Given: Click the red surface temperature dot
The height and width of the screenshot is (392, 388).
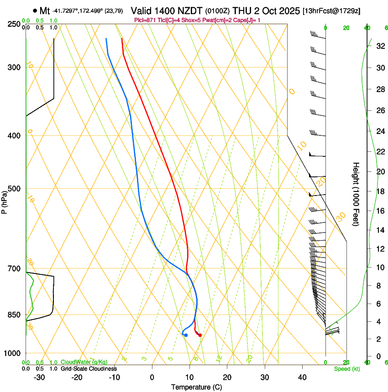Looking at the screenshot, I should point(200,335).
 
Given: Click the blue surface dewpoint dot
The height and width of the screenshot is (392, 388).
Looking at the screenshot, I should point(186,335).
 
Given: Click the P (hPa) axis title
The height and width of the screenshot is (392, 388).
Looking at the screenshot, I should point(4,200).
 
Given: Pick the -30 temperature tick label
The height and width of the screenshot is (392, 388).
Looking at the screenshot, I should point(39,377).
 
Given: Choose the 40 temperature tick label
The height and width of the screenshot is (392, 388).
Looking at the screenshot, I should point(302,377).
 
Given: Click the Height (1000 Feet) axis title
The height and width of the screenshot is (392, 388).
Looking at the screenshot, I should point(357,194).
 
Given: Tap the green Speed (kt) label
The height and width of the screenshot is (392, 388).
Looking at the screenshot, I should point(346,369).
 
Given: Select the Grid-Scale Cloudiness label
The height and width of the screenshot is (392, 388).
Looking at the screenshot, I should point(89,369).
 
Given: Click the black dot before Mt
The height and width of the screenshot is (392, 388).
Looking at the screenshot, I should point(35,10).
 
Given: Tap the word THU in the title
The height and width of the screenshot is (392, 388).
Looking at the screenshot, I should point(242,10).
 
